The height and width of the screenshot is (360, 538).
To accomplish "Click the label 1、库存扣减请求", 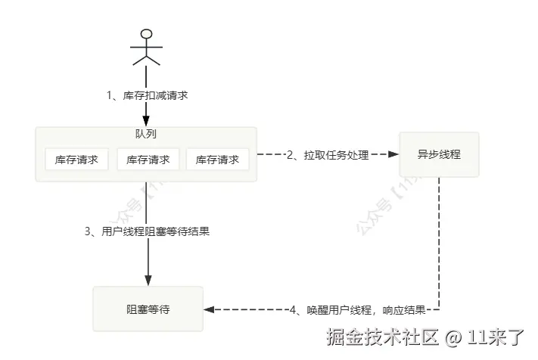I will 147,96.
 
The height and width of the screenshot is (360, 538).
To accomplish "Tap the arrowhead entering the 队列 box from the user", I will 147,121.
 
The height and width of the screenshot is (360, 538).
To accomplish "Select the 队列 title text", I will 146,134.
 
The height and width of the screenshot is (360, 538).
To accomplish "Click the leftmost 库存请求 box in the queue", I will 76,160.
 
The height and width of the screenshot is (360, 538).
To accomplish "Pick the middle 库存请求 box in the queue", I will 147,160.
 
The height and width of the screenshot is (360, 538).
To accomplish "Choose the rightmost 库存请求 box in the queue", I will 217,160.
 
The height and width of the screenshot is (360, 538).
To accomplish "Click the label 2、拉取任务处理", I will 327,155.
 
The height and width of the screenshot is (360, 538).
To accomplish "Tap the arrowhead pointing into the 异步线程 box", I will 393,154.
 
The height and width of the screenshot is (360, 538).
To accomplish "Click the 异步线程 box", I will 439,154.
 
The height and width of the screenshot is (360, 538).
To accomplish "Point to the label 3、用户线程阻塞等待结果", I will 147,231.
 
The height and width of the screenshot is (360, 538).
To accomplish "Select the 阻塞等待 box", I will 148,309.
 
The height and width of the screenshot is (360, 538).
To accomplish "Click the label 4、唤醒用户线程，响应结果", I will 359,309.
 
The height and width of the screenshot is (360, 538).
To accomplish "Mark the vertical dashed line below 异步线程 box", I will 440,242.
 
